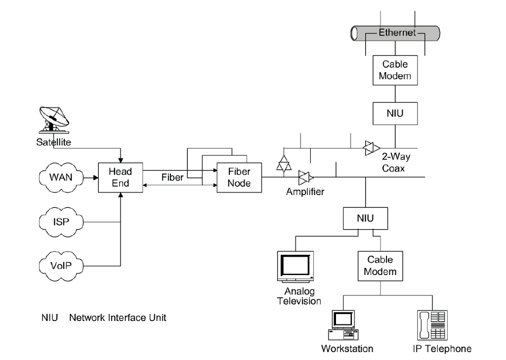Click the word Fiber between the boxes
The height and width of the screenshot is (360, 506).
[173, 177]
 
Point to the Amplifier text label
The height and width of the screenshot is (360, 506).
[305, 192]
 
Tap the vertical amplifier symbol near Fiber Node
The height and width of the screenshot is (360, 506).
[284, 161]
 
